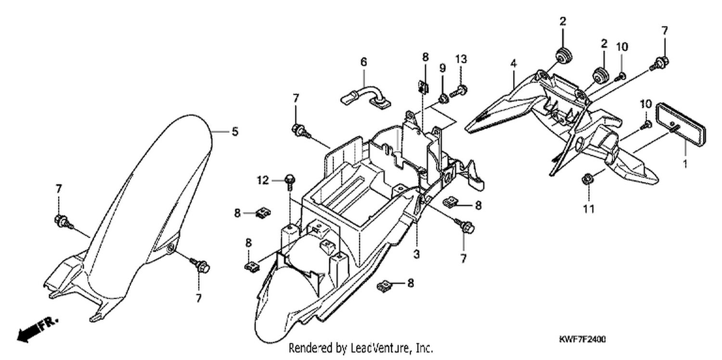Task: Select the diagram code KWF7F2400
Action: coord(582,339)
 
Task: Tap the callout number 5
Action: coord(235,131)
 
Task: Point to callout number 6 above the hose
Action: coord(363,62)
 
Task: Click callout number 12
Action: coord(263,180)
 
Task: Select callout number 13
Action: coord(461,59)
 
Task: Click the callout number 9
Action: coord(442,68)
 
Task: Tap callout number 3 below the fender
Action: coord(416,254)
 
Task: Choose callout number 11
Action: coord(589,209)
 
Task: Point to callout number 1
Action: coord(685,164)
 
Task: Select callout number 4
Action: coord(514,64)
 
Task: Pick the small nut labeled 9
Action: coord(443,98)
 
